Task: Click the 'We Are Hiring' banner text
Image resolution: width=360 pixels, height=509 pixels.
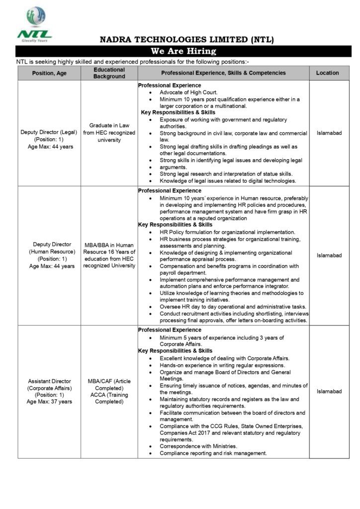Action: coord(183,51)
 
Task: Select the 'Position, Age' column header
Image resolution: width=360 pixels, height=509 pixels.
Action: coord(49,73)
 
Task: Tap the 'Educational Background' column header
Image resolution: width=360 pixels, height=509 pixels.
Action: coord(109,73)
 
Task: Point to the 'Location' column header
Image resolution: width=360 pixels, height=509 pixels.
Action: coord(327,73)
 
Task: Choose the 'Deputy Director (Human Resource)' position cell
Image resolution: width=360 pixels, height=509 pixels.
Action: coord(49,255)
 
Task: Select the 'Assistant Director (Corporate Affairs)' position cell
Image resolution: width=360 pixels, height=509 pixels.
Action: coord(49,391)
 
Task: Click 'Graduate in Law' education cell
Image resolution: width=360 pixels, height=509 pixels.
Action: coord(109,133)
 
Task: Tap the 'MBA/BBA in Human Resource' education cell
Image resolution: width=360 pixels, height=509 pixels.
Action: coord(109,255)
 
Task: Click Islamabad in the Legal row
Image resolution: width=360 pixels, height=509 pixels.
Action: coord(329,133)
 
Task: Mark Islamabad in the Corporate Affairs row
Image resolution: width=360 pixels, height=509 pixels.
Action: coord(329,391)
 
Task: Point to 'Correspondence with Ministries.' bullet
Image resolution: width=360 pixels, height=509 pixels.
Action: coord(198,446)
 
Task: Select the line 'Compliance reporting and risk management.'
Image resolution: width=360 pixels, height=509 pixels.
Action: coord(213,453)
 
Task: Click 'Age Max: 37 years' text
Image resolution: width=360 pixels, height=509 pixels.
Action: coord(49,402)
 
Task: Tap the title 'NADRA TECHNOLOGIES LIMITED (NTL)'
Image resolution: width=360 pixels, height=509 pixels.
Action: coord(186,40)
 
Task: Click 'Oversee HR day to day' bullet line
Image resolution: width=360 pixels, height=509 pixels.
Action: coord(233,307)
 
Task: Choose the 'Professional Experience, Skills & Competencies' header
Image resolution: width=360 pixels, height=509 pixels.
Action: coord(223,73)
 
